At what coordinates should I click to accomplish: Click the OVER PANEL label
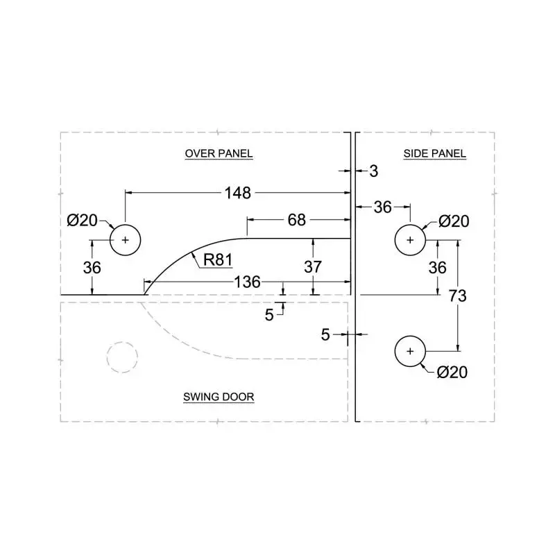[x=219, y=153]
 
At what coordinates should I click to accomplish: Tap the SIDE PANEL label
[x=435, y=153]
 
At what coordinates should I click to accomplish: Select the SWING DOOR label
[x=219, y=397]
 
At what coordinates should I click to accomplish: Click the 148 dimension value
[x=237, y=193]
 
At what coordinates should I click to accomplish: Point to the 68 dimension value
[x=296, y=220]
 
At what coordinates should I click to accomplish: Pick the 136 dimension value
[x=247, y=282]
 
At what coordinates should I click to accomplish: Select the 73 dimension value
[x=457, y=296]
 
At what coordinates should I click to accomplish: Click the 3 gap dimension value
[x=373, y=171]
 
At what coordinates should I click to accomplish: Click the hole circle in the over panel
[x=126, y=240]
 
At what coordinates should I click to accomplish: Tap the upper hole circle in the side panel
[x=410, y=240]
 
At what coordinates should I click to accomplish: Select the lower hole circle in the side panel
[x=410, y=352]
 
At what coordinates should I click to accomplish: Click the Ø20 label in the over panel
[x=82, y=221]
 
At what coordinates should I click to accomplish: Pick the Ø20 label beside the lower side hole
[x=452, y=373]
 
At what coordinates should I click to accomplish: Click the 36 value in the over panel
[x=92, y=267]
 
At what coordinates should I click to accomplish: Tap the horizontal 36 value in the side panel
[x=383, y=207]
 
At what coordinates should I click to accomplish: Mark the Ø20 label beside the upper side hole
[x=454, y=221]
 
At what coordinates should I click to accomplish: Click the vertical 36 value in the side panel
[x=437, y=267]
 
